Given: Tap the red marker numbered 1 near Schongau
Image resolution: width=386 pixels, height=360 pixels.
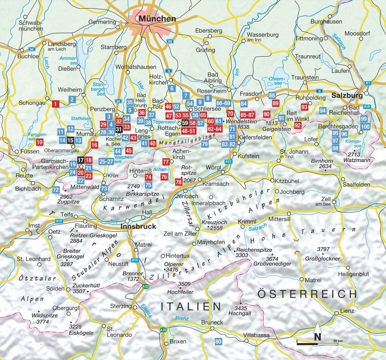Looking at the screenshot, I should (x=55, y=103).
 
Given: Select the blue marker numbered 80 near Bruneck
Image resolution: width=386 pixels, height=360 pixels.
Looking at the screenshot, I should (x=218, y=341).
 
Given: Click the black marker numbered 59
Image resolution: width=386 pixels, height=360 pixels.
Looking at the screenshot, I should (x=185, y=123).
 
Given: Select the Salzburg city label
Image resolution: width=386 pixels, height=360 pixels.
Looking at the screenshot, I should (x=347, y=96).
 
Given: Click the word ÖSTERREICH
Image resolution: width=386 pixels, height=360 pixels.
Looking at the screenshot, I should (x=307, y=294).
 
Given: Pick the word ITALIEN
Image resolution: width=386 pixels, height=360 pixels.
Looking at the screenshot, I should (x=191, y=306).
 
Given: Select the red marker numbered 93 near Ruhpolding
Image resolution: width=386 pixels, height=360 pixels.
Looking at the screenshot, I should (x=304, y=107).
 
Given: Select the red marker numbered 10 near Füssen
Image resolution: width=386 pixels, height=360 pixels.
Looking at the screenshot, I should (x=39, y=142).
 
